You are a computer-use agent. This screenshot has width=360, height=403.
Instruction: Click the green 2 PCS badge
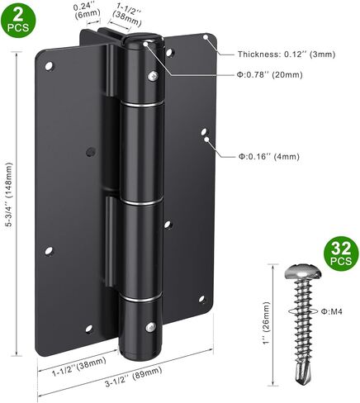click(x=17, y=18)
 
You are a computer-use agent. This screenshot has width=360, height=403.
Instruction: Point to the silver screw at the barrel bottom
click(x=151, y=327)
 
